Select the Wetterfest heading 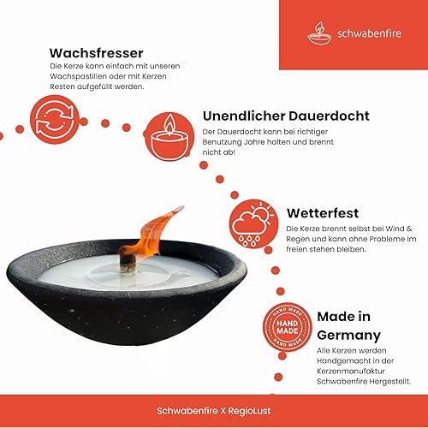tap(323, 211)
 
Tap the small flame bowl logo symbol tap(319, 33)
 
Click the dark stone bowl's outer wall tap(128, 321)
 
